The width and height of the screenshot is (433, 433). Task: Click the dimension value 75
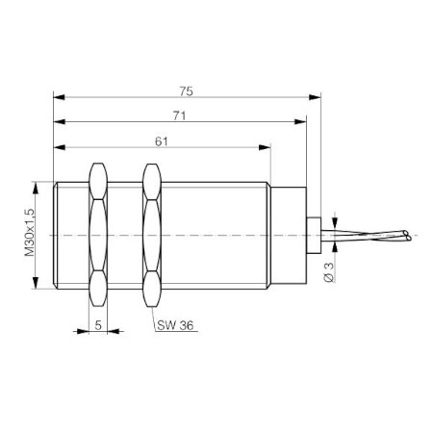coord(186,91)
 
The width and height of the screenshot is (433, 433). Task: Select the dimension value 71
coord(179,115)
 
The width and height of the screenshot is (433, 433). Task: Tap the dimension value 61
coord(162,141)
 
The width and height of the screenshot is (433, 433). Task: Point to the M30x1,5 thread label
coord(30,232)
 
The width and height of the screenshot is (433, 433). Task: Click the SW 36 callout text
coord(175,325)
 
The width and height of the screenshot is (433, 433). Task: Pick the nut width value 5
coord(98,325)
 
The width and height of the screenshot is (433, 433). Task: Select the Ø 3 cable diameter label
coord(329,272)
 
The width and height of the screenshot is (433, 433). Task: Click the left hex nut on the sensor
coord(98,235)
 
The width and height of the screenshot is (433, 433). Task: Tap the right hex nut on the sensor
coord(152,236)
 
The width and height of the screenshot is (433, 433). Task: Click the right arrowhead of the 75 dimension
coord(315,97)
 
